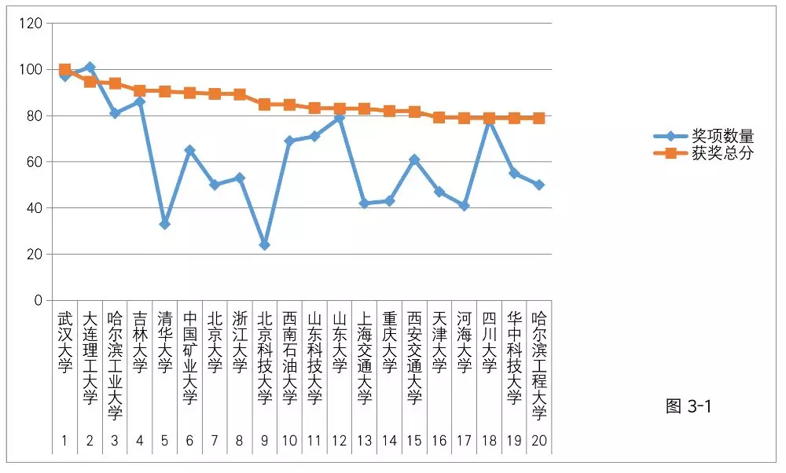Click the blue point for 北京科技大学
pyautogui.click(x=264, y=245)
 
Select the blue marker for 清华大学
pyautogui.click(x=164, y=225)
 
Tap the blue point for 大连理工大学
pyautogui.click(x=90, y=68)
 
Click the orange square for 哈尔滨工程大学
pyautogui.click(x=539, y=118)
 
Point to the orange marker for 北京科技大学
pyautogui.click(x=264, y=104)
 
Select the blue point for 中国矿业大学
pyautogui.click(x=189, y=150)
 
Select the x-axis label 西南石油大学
pyautogui.click(x=289, y=358)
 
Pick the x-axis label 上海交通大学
pyautogui.click(x=364, y=358)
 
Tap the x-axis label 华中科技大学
pyautogui.click(x=514, y=358)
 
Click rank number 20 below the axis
pyautogui.click(x=539, y=441)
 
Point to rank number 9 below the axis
pyautogui.click(x=264, y=441)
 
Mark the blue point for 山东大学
pyautogui.click(x=340, y=118)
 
